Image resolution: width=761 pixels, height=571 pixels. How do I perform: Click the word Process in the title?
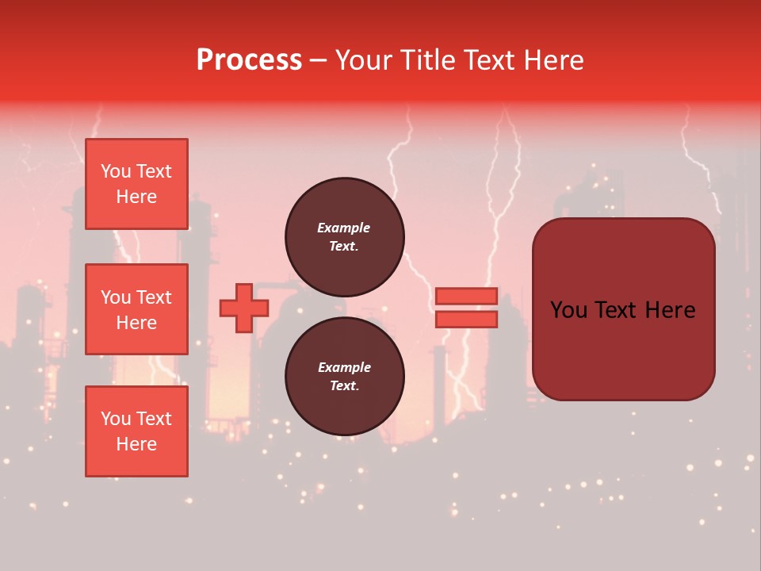(249, 60)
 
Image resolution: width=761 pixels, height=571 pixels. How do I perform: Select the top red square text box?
(136, 184)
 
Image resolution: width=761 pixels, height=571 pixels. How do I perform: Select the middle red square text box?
(136, 309)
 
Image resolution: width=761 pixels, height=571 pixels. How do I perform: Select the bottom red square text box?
(136, 431)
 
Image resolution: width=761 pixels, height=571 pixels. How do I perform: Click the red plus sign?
(244, 308)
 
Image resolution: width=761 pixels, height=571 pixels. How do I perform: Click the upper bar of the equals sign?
(466, 296)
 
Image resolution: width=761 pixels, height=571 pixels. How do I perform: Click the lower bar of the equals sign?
(466, 320)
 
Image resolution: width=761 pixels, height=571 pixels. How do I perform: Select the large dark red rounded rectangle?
(623, 349)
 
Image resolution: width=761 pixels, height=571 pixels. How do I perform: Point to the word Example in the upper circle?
(344, 228)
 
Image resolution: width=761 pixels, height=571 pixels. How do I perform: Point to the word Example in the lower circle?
(344, 367)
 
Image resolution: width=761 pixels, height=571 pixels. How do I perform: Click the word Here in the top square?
(136, 197)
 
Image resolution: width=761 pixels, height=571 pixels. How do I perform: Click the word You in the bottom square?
(116, 419)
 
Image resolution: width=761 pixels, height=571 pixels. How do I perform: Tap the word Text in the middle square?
(152, 297)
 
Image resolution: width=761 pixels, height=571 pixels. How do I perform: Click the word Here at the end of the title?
(555, 60)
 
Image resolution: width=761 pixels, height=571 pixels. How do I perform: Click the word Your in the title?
(364, 60)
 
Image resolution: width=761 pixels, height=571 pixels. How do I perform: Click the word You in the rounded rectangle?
(568, 310)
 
